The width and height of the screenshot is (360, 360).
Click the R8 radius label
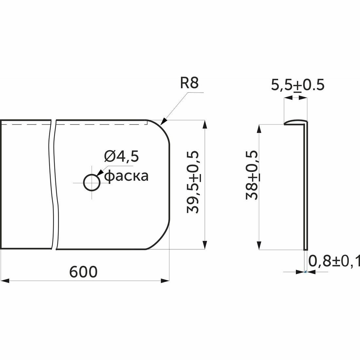pyautogui.click(x=189, y=83)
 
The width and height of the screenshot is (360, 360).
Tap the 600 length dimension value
pyautogui.click(x=84, y=272)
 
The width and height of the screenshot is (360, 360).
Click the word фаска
pyautogui.click(x=126, y=176)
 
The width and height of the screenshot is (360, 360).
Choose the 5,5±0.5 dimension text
pyautogui.click(x=297, y=85)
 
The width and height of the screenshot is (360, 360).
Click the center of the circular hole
pyautogui.click(x=92, y=182)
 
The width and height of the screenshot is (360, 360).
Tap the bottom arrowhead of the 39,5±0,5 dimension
pyautogui.click(x=205, y=246)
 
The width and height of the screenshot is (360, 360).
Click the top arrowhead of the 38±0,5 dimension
pyautogui.click(x=260, y=128)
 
